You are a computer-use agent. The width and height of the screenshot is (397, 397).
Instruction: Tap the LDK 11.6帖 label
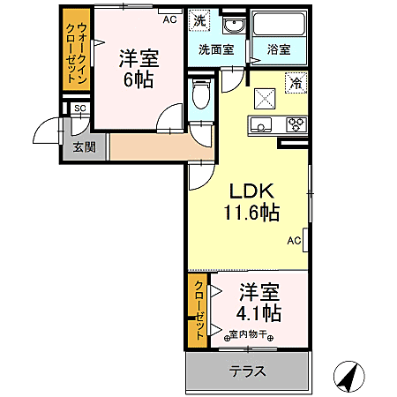tap(254, 201)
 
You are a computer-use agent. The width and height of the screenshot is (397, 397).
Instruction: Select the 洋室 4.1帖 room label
tap(258, 302)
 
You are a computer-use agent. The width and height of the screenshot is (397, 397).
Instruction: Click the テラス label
tap(248, 371)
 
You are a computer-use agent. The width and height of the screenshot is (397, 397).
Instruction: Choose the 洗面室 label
tap(215, 50)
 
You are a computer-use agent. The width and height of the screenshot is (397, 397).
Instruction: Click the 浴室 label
tap(279, 50)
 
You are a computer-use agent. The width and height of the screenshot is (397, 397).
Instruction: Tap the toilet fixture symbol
tap(199, 94)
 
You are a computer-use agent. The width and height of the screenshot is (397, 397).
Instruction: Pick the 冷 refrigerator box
tap(296, 84)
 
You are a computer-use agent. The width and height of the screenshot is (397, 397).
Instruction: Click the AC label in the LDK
tap(294, 240)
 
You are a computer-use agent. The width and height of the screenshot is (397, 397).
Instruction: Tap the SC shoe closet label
tap(79, 109)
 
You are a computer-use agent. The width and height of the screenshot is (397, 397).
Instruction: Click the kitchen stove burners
tap(296, 124)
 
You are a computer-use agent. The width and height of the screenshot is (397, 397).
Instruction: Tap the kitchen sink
tap(262, 124)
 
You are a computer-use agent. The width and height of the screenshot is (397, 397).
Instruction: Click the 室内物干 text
tap(251, 334)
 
